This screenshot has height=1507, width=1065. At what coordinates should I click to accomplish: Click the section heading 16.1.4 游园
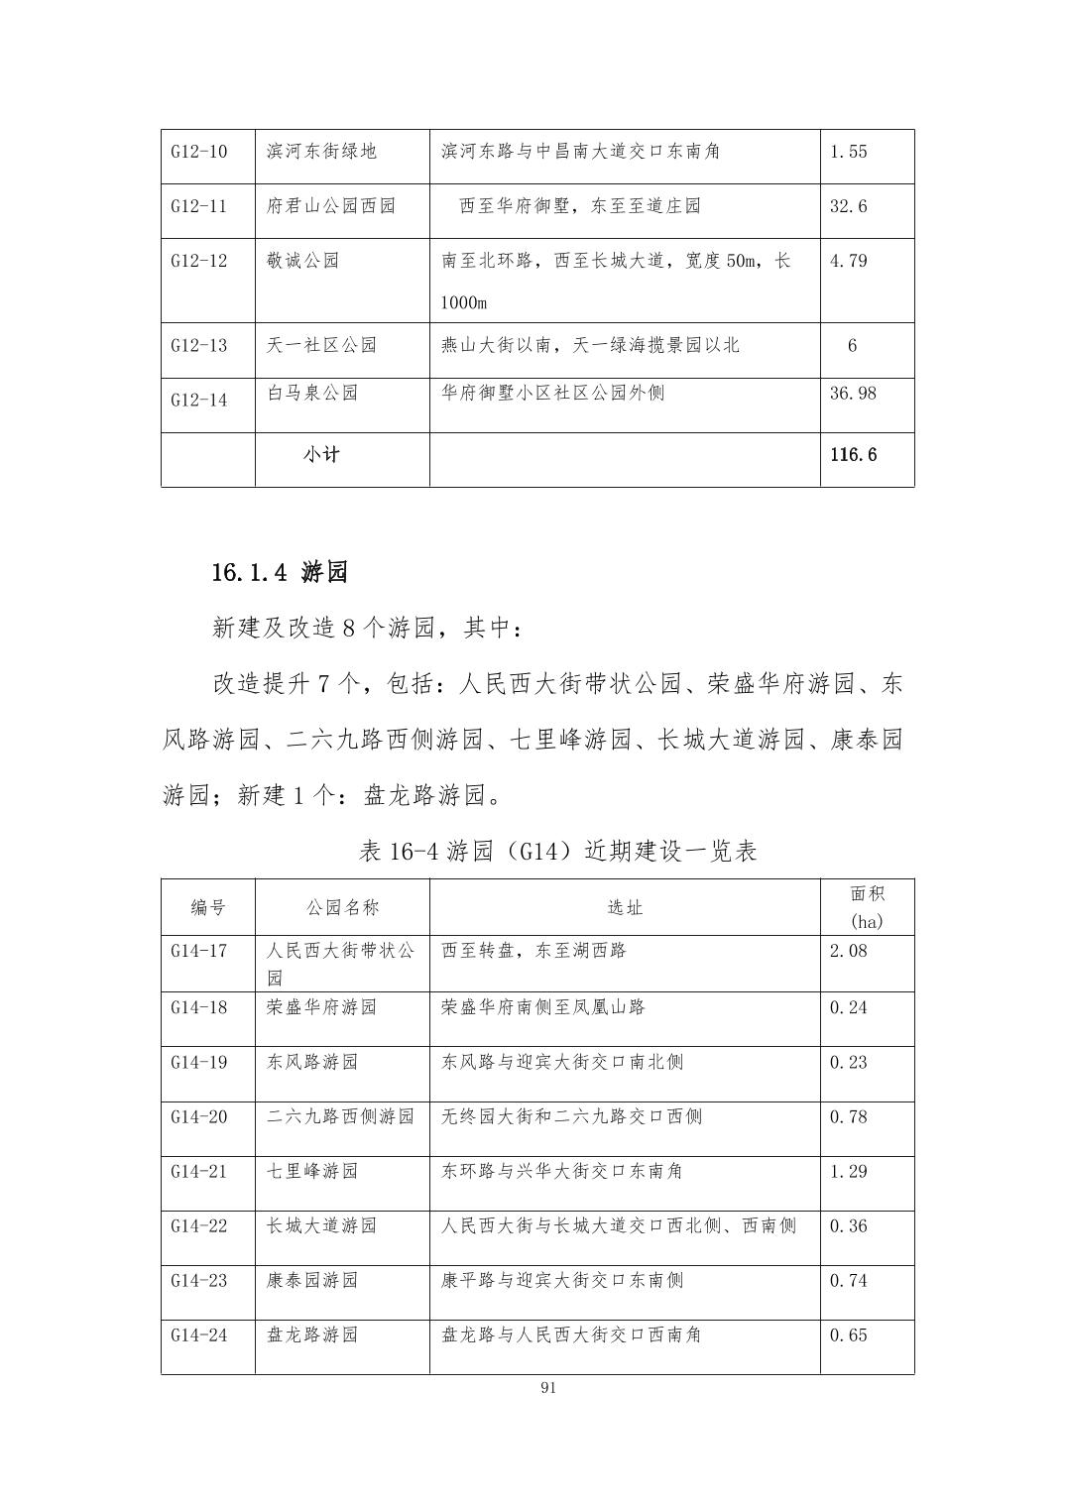click(280, 572)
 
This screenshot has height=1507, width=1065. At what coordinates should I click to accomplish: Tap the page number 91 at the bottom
click(548, 1388)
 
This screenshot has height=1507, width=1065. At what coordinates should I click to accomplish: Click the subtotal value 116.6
click(853, 455)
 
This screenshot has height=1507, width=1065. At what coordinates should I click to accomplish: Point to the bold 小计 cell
click(321, 455)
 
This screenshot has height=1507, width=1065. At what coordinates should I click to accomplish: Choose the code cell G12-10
click(198, 152)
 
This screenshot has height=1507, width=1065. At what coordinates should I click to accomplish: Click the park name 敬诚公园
click(302, 261)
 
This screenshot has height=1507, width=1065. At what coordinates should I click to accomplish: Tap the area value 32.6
click(848, 206)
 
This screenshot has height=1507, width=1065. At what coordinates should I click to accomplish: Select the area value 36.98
click(853, 394)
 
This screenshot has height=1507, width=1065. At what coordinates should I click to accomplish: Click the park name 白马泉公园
click(312, 394)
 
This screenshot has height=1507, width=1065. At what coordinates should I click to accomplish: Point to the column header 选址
click(625, 907)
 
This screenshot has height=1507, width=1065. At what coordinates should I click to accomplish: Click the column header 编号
click(208, 907)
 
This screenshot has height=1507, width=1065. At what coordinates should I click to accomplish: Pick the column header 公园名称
click(342, 907)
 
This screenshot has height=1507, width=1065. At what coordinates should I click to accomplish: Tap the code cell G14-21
click(198, 1172)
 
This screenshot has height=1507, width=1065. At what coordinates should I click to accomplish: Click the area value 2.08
click(848, 952)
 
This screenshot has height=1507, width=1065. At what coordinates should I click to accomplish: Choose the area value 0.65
click(848, 1335)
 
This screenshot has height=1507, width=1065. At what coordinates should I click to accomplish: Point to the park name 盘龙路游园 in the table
click(312, 1335)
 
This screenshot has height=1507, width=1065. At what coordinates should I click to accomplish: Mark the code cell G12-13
click(198, 346)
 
